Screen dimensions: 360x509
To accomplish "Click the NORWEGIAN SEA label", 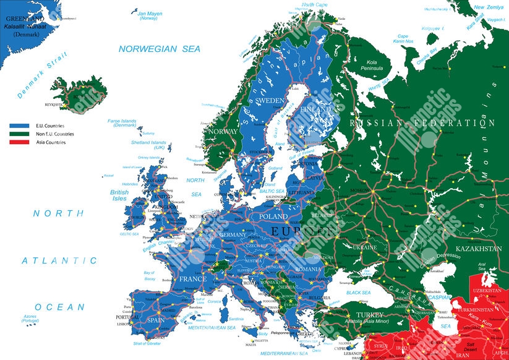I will tap(160, 48).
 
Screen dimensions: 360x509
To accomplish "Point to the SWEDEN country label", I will tap(270, 100).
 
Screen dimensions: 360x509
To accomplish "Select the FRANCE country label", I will tap(192, 279).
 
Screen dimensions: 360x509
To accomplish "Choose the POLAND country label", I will tap(273, 217).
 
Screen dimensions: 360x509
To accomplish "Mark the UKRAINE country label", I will tap(364, 247).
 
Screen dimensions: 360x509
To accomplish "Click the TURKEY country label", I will tap(365, 314).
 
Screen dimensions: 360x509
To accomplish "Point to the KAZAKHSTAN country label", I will tap(479, 249).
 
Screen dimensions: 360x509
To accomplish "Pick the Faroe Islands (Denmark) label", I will tap(121, 123).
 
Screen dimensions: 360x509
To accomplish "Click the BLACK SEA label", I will tap(358, 293).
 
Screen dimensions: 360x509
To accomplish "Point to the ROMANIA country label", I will tap(309, 270).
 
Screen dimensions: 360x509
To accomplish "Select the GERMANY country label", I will tap(233, 235).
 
